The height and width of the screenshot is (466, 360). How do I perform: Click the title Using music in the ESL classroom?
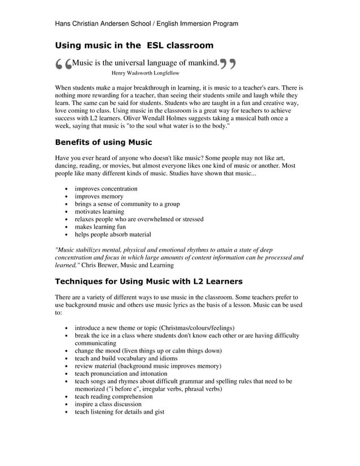pyautogui.click(x=134, y=45)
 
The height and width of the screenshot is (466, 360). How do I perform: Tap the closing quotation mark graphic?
pyautogui.click(x=227, y=65)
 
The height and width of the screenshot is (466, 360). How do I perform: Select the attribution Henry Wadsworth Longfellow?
pyautogui.click(x=146, y=73)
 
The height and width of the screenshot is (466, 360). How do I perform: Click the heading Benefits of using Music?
pyautogui.click(x=103, y=142)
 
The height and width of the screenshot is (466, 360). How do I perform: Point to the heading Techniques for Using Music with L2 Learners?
pyautogui.click(x=148, y=281)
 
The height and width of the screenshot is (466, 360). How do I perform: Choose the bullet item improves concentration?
pyautogui.click(x=106, y=188)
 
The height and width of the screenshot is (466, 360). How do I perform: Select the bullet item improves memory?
pyautogui.click(x=99, y=196)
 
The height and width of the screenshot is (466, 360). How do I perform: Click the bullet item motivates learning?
pyautogui.click(x=99, y=212)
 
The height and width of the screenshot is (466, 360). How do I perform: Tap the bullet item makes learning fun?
pyautogui.click(x=100, y=227)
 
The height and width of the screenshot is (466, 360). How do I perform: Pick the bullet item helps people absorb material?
pyautogui.click(x=113, y=234)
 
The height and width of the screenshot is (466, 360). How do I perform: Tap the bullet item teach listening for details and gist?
pyautogui.click(x=120, y=412)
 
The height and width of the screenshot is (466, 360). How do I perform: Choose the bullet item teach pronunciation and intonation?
pyautogui.click(x=121, y=373)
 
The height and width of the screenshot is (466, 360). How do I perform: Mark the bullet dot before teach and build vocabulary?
pyautogui.click(x=67, y=359)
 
